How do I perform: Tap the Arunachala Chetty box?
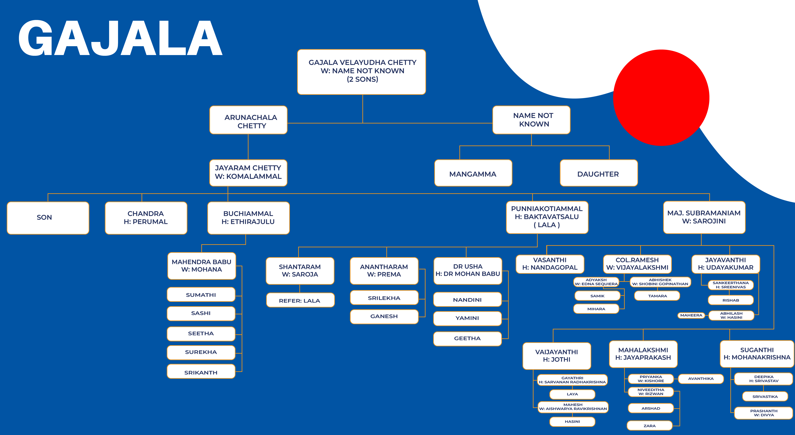248,120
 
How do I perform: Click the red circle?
661,98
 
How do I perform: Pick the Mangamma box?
473,173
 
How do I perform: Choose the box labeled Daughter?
599,173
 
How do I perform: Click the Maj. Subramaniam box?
704,217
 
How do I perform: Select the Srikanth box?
201,371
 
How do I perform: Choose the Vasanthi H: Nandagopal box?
550,264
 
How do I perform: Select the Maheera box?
691,315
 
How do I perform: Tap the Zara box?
650,425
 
